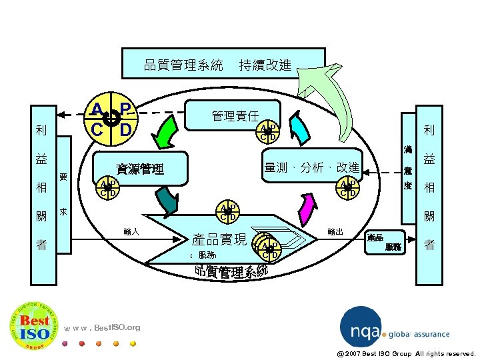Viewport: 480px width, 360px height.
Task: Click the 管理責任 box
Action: tap(235, 115)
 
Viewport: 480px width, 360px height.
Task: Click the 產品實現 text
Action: tap(219, 239)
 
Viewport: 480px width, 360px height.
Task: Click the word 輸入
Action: tap(131, 232)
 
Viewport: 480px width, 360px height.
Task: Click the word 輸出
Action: tap(335, 232)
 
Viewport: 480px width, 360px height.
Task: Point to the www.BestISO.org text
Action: tap(103, 327)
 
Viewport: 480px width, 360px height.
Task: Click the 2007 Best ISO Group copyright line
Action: tap(405, 353)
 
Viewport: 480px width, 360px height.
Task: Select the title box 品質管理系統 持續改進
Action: tap(223, 65)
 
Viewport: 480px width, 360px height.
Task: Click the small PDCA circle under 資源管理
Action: tap(107, 188)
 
